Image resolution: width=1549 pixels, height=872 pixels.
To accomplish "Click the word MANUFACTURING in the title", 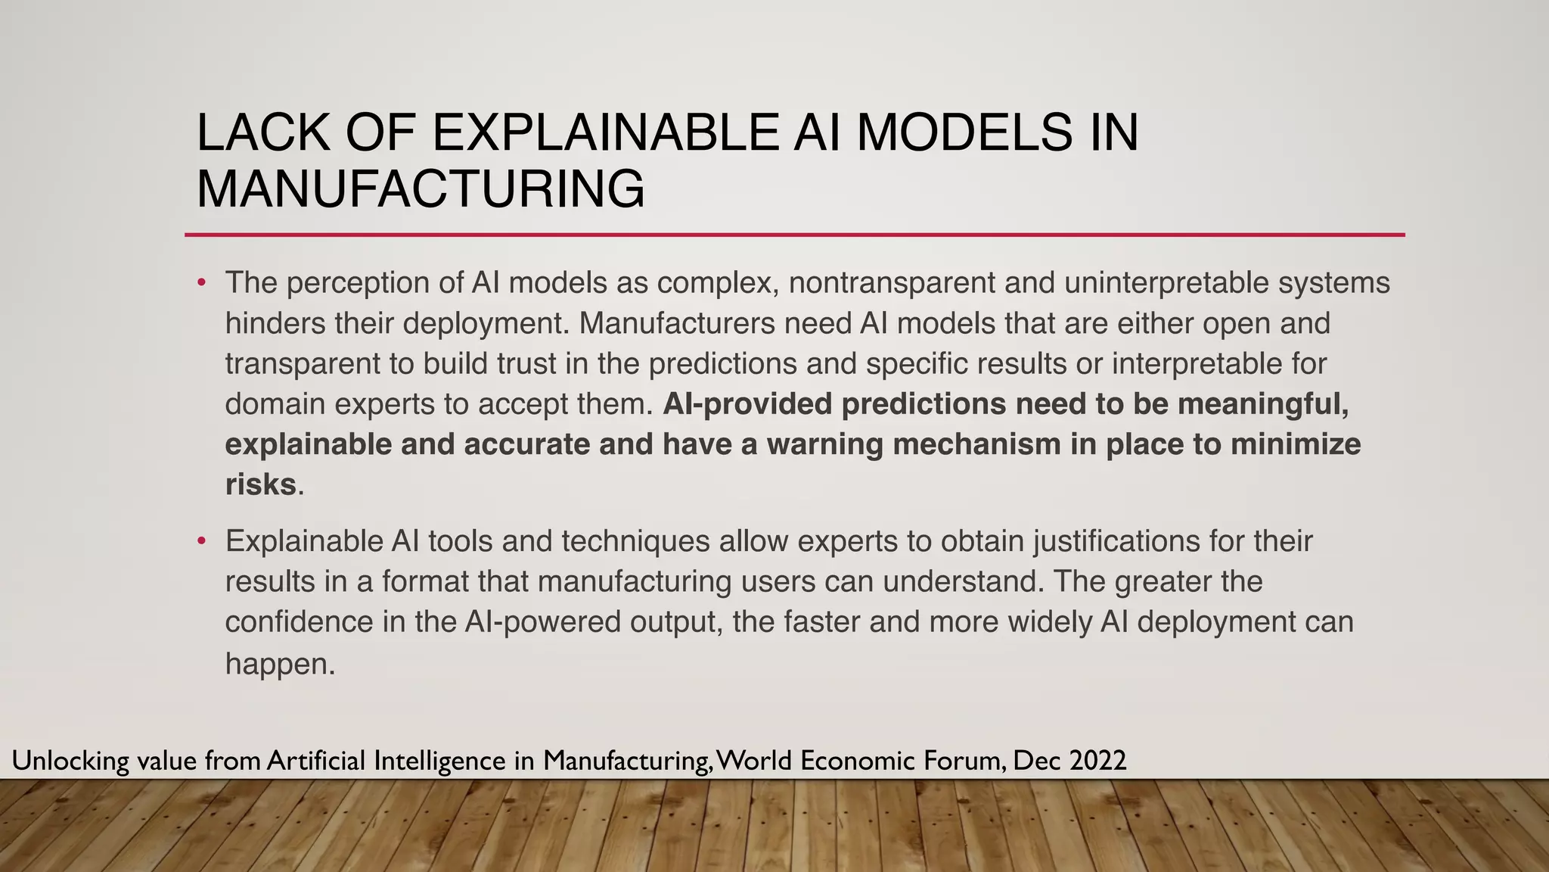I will tap(421, 189).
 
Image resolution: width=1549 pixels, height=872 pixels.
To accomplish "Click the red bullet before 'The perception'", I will tap(201, 283).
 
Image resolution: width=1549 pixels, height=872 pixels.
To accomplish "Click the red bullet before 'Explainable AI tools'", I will tap(201, 542).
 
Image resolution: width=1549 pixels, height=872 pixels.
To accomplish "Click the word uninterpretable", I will tap(1166, 282).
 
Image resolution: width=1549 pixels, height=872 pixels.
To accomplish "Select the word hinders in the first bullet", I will tap(275, 323).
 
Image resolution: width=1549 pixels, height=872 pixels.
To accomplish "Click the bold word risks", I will tap(260, 484).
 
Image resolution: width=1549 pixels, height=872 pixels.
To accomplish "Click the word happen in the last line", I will tap(279, 665).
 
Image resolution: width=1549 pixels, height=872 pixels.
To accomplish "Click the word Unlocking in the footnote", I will tap(70, 761).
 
